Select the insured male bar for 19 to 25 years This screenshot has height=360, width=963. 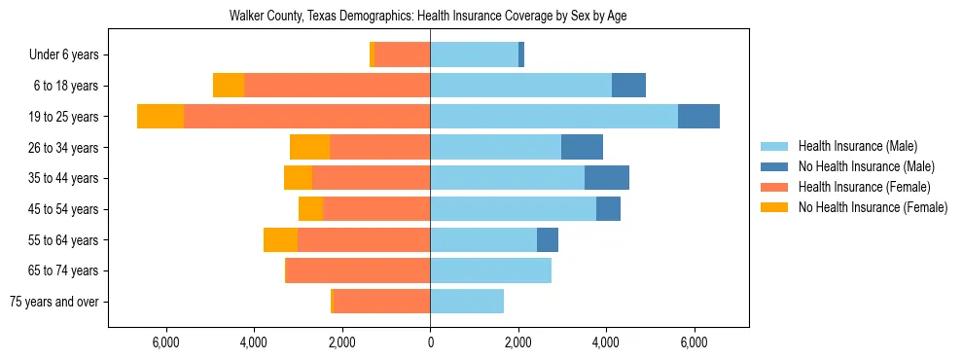pyautogui.click(x=553, y=116)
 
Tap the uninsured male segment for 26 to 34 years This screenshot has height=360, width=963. pyautogui.click(x=582, y=147)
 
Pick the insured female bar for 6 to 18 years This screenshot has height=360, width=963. pyautogui.click(x=337, y=86)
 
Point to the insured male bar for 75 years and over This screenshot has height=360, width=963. pyautogui.click(x=467, y=302)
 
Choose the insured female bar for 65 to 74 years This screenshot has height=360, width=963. pyautogui.click(x=358, y=270)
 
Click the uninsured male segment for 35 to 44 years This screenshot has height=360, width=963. pyautogui.click(x=607, y=178)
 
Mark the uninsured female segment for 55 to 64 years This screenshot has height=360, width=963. pyautogui.click(x=280, y=239)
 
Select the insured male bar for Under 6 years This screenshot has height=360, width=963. pyautogui.click(x=474, y=54)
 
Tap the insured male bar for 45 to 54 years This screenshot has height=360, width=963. pyautogui.click(x=513, y=208)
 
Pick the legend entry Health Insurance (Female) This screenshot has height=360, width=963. pyautogui.click(x=864, y=187)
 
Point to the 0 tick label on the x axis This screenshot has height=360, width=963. pyautogui.click(x=430, y=342)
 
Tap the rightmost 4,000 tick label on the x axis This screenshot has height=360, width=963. pyautogui.click(x=606, y=342)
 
